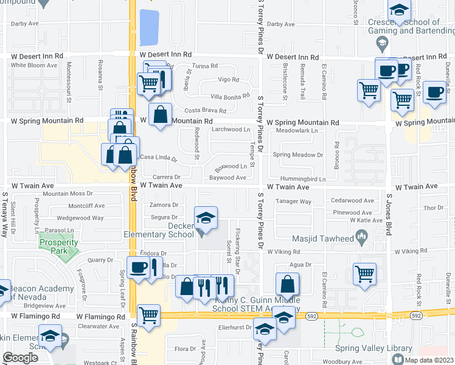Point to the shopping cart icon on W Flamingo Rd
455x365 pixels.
tap(148, 315)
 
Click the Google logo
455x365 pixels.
tap(20, 358)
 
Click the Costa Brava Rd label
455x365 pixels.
tap(206, 111)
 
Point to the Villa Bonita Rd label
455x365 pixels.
tap(230, 96)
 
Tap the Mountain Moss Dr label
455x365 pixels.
tap(68, 193)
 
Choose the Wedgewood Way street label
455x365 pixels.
tap(76, 218)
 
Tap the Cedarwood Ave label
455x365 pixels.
tap(352, 201)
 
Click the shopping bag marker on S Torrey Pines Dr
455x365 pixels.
tap(287, 284)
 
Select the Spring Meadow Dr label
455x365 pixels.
tap(297, 155)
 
